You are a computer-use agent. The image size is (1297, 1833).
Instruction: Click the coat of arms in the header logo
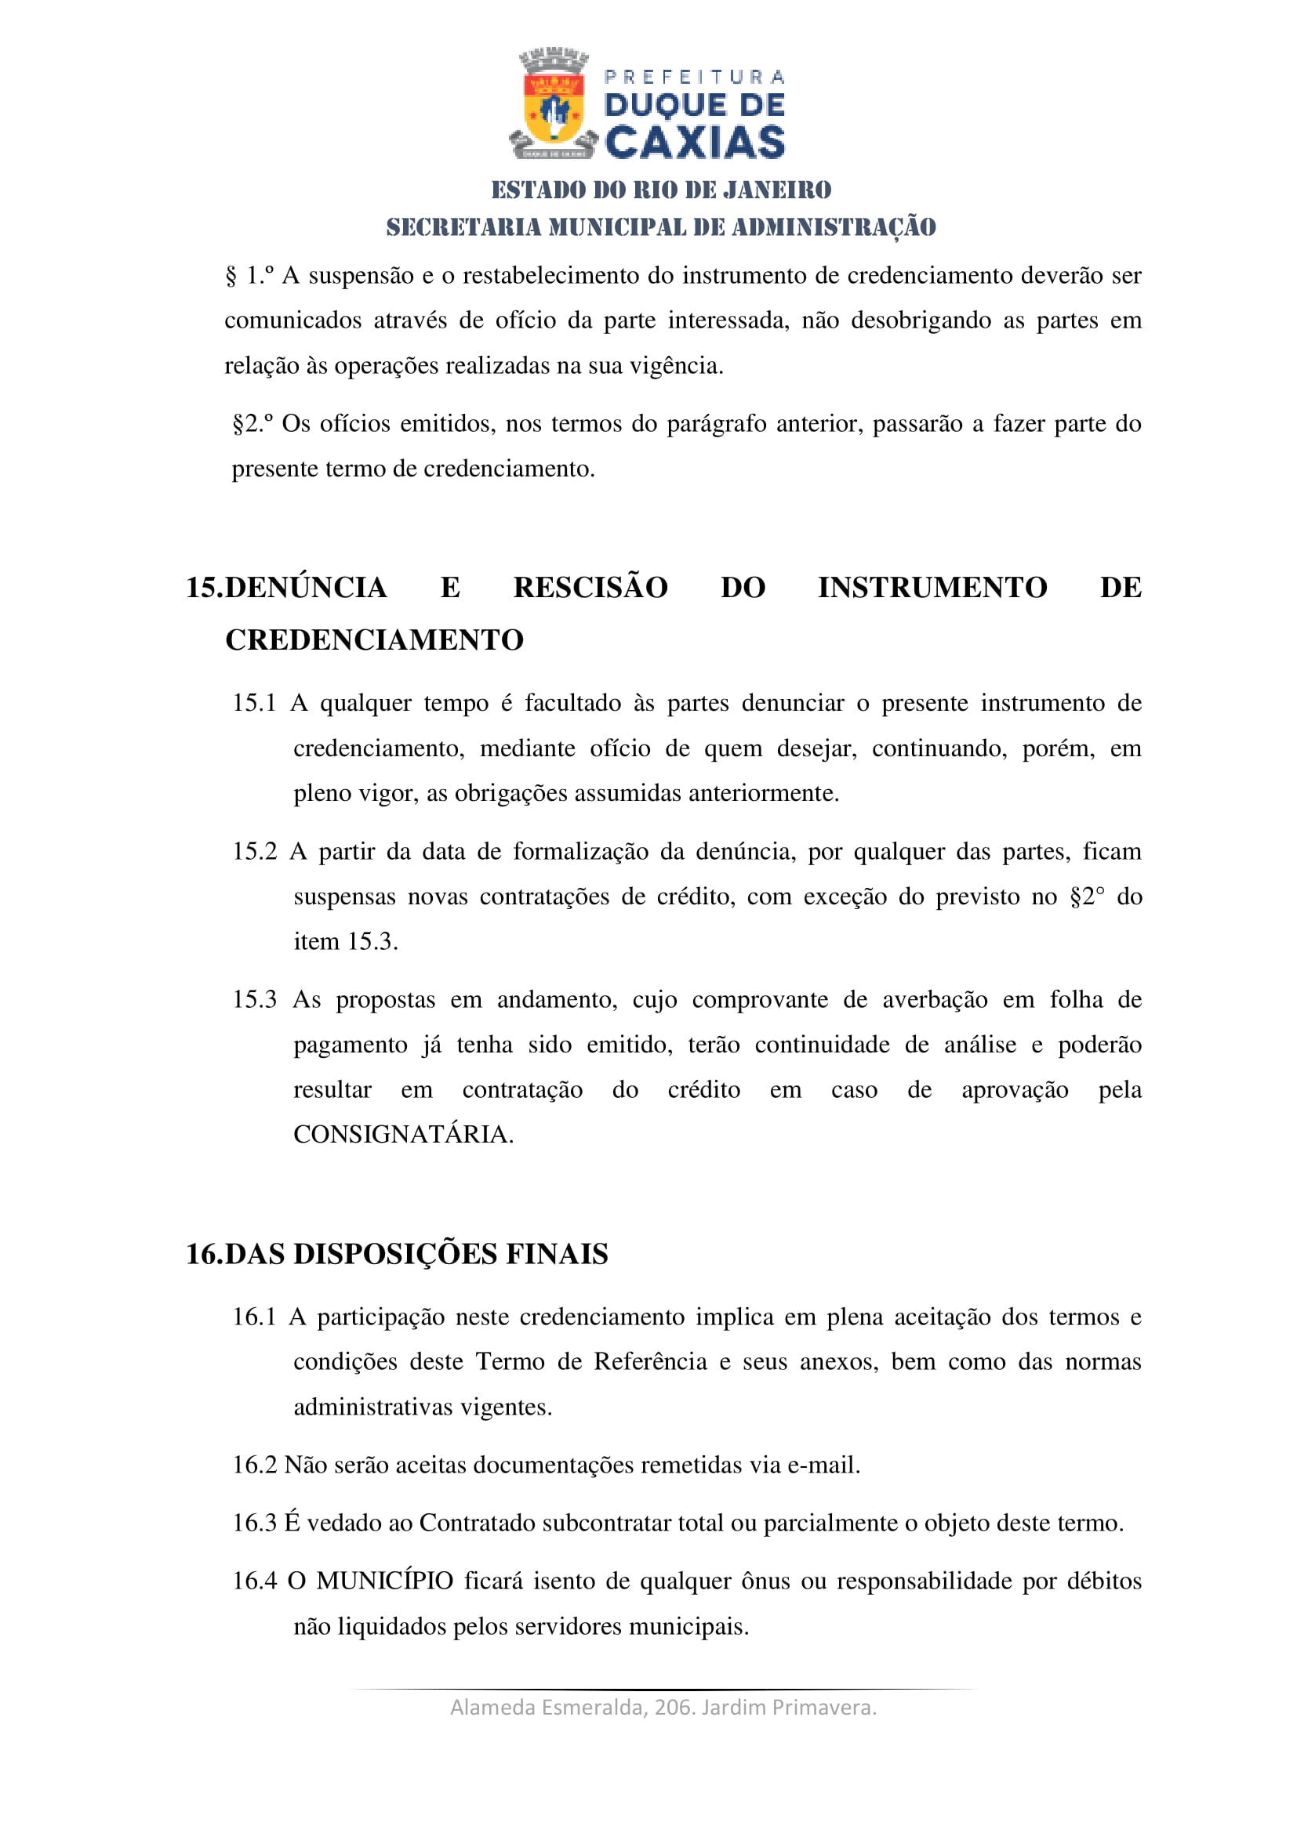[554, 104]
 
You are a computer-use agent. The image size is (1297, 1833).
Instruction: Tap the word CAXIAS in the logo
[695, 143]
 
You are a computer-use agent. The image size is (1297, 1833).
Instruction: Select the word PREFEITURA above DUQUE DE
[695, 77]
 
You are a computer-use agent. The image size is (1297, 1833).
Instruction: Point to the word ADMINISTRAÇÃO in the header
[834, 227]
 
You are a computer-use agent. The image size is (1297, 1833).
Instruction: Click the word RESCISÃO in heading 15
[590, 588]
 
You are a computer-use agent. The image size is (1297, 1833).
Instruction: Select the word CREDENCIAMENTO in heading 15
[375, 640]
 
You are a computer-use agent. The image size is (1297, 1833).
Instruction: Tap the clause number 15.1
[254, 703]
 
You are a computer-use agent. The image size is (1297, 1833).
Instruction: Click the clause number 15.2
[254, 852]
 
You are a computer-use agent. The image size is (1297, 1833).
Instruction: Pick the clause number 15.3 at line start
[254, 999]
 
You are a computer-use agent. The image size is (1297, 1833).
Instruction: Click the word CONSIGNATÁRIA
[402, 1134]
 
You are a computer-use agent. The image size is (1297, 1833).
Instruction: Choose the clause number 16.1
[254, 1317]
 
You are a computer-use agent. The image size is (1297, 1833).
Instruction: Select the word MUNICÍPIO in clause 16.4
[385, 1581]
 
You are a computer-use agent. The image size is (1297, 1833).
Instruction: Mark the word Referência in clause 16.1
[650, 1361]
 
